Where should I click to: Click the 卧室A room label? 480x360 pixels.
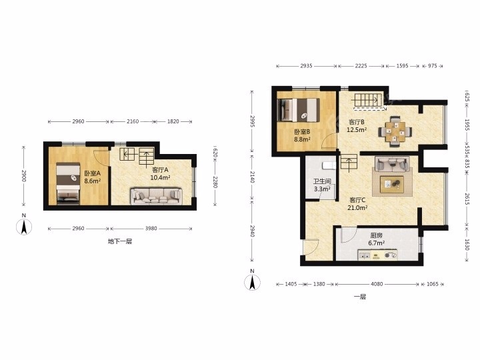93,173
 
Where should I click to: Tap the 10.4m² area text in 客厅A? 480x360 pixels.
160,177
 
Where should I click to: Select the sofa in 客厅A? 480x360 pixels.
157,196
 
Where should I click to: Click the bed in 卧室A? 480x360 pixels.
68,183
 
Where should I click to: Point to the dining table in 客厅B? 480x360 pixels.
395,131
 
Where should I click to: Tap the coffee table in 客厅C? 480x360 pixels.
392,184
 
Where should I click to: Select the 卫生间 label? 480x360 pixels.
322,181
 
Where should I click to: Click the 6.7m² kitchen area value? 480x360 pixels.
377,243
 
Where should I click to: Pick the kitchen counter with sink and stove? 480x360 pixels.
377,255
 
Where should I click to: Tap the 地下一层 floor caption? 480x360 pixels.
120,241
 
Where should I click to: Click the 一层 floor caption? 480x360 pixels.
360,296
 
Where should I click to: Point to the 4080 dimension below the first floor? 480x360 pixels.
377,284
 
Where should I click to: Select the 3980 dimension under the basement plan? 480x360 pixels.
151,228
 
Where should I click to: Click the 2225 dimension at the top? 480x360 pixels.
361,65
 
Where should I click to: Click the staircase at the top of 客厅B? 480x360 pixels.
369,101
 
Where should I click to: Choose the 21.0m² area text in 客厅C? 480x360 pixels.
357,207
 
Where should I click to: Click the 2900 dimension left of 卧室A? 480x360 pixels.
23,176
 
